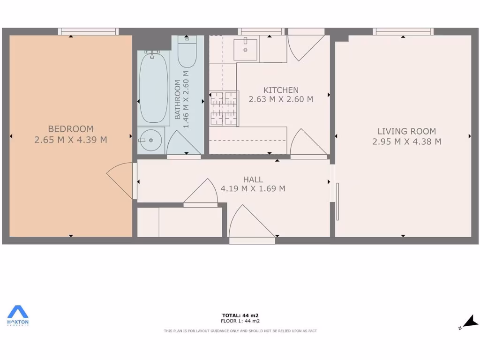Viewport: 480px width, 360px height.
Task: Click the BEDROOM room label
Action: pos(71,129)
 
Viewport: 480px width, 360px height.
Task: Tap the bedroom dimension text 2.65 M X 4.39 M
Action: pos(71,140)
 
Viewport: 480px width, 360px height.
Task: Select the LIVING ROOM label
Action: pos(406,132)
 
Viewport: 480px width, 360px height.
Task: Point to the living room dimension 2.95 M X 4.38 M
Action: pos(406,142)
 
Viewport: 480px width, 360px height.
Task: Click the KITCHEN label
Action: pos(281,90)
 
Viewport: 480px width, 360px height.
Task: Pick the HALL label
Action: pos(253,180)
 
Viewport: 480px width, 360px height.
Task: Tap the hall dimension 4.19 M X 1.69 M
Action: pos(253,189)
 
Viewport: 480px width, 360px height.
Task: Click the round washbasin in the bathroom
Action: pos(150,140)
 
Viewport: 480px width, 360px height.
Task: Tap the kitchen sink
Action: pos(246,49)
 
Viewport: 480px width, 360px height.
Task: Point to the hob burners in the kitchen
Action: pos(224,109)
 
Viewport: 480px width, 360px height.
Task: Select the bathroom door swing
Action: pos(184,142)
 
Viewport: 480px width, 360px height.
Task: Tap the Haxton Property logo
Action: pos(18,315)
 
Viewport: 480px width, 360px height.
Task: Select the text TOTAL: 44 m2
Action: pos(240,315)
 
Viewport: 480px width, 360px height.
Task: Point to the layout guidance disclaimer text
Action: pos(240,331)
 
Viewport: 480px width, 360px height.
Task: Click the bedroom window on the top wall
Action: pos(88,32)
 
